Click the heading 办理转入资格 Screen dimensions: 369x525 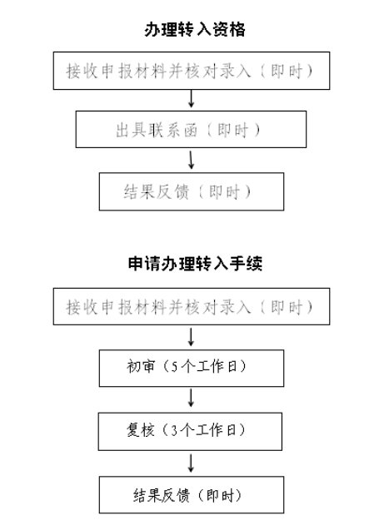195,29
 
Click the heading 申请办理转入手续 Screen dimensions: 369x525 195,263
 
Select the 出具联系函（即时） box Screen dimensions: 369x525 191,129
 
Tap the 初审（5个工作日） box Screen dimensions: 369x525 192,368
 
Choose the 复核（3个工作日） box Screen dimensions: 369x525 190,431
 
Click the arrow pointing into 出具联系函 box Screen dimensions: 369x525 191,99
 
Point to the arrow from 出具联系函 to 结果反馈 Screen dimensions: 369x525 191,160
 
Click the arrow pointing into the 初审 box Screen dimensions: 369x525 191,337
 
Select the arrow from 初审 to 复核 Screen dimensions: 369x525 191,398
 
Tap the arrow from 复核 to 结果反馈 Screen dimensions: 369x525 191,463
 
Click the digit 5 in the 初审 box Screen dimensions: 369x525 174,367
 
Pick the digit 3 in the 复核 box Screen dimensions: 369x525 173,431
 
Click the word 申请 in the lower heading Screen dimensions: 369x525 144,263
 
